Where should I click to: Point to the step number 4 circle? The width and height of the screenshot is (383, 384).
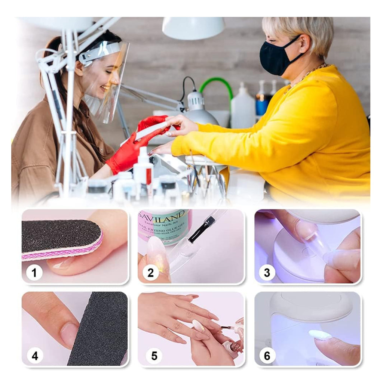34,356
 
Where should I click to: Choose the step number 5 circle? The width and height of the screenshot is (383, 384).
154,356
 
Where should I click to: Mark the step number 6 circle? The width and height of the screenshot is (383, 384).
267,356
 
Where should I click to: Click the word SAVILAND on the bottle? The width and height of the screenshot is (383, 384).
162,217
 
